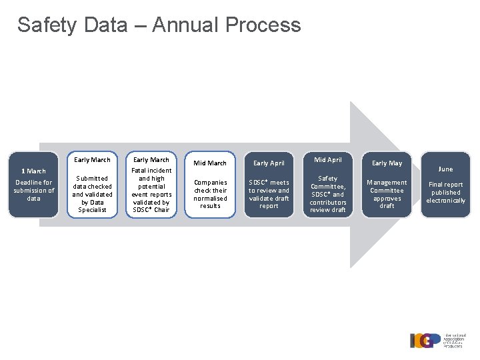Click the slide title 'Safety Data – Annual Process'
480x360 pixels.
point(159,25)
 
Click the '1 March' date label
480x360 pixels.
point(33,171)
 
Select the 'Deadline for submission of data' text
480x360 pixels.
point(33,190)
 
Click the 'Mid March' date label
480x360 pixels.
point(210,163)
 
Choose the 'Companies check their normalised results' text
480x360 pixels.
point(210,194)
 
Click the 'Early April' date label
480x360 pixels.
point(269,163)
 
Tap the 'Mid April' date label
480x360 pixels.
point(328,160)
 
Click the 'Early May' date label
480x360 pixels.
point(387,163)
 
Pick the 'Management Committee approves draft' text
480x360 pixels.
point(387,194)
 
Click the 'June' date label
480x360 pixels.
point(445,169)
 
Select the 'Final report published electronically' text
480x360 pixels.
point(445,193)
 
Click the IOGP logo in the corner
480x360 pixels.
point(437,340)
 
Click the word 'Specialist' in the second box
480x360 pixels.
point(92,210)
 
